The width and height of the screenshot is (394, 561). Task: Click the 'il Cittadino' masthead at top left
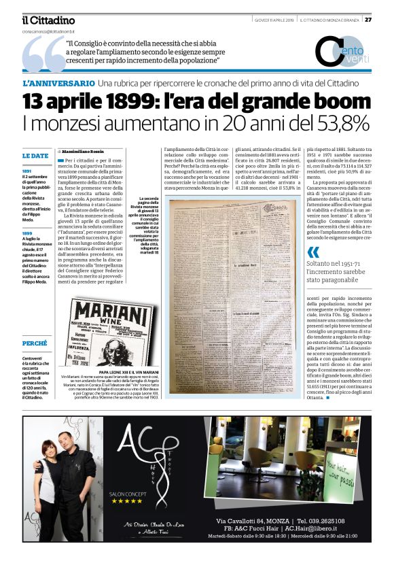48,20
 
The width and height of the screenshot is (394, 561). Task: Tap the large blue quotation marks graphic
43,56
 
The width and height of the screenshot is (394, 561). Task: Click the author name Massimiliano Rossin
85,151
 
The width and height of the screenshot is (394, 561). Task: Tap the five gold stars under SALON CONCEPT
127,500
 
